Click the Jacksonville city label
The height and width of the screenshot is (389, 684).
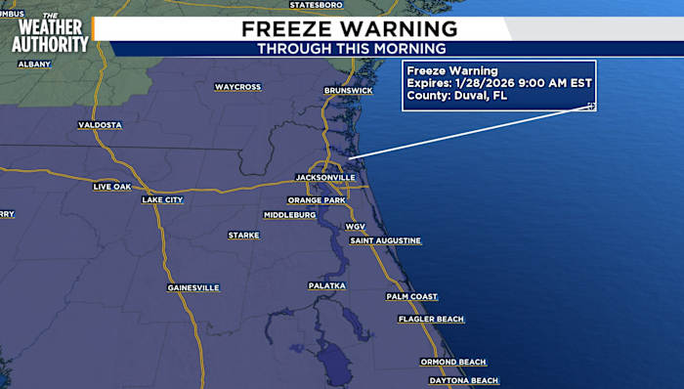tap(325, 178)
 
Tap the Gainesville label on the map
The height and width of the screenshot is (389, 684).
tap(193, 287)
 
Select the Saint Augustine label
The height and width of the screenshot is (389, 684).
tap(386, 240)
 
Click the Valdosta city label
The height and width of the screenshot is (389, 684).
tap(101, 125)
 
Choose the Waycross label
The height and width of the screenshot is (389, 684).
tap(237, 87)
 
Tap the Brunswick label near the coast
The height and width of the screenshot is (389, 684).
tap(348, 91)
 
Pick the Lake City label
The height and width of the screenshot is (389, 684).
tap(162, 199)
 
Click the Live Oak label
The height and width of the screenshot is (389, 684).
tap(111, 186)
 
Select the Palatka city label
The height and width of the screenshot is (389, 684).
tap(327, 285)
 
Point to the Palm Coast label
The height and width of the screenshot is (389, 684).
tap(411, 296)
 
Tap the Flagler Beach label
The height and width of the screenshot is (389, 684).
tap(431, 320)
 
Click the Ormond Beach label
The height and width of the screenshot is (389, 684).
tap(453, 362)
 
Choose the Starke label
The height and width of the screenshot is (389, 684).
tap(243, 236)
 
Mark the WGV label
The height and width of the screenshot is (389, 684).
tap(355, 226)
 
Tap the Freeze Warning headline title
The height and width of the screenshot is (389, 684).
tap(350, 28)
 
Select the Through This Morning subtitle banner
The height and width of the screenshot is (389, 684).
tap(351, 49)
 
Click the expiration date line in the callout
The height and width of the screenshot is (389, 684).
tap(472, 83)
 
